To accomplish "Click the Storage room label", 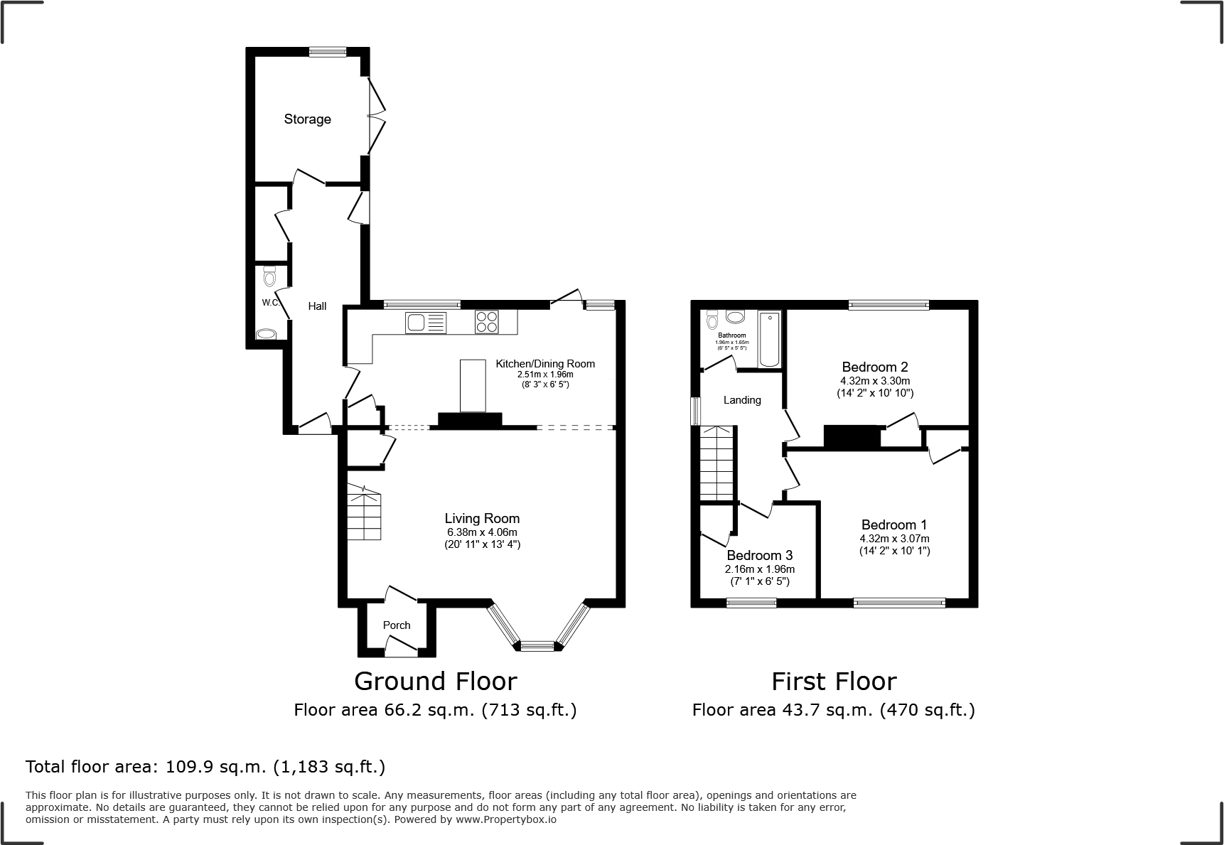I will [307, 119].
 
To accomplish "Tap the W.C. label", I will [269, 303].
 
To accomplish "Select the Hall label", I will [317, 306].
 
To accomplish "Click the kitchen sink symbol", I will [425, 323].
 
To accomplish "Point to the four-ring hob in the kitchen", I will [486, 322].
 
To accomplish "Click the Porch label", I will [397, 625].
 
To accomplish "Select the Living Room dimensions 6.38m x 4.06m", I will [481, 532].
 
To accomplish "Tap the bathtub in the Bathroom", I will [769, 340].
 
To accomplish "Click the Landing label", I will [742, 400].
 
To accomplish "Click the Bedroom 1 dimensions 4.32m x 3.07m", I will [894, 539].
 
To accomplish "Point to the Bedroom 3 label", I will [759, 556].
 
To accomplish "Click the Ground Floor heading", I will [435, 682].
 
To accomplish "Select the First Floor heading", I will [834, 682].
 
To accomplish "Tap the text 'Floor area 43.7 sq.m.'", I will [782, 710].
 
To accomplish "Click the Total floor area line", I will [205, 767].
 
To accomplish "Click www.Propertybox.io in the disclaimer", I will [506, 819].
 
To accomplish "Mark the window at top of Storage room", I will [328, 51].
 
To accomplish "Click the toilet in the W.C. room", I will [269, 275].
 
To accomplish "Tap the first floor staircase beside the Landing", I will [716, 462].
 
